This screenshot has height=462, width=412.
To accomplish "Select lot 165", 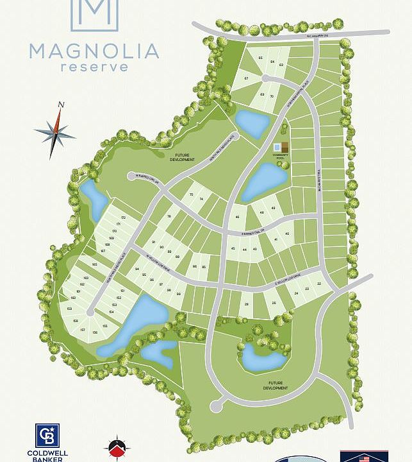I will (x=94, y=264).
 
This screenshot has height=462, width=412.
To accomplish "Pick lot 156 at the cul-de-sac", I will (x=95, y=332).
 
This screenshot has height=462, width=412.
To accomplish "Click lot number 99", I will (x=179, y=294).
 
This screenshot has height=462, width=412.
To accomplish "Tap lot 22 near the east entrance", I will (x=318, y=283).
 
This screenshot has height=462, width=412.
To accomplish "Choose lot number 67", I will (x=246, y=78).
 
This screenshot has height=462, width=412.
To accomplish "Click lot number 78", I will (x=169, y=217).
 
